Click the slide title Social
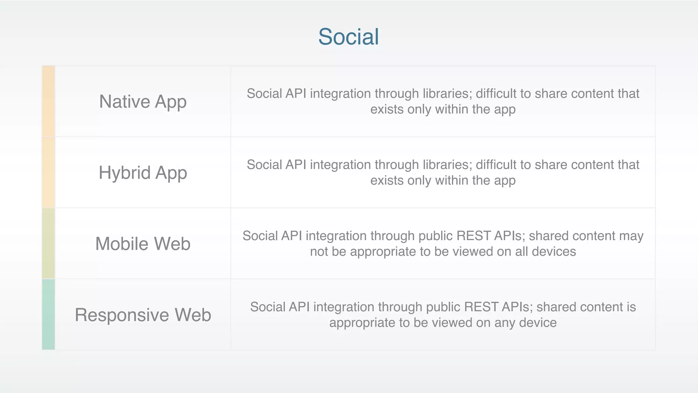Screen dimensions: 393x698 tap(348, 37)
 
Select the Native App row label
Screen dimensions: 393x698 tap(143, 102)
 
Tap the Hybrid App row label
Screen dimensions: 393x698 tap(143, 173)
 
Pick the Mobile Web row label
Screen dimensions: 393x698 tap(143, 244)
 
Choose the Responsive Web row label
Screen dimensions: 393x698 tap(143, 315)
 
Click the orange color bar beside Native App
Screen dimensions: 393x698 tap(48, 101)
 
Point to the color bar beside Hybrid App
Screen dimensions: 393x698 tap(48, 172)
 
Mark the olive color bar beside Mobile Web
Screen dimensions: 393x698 tap(48, 243)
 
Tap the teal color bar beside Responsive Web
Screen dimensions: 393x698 tap(48, 314)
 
